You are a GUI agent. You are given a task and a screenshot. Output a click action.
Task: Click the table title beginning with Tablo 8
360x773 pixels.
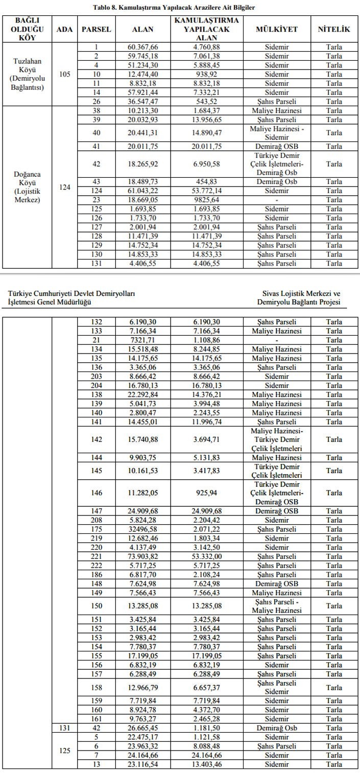(174, 8)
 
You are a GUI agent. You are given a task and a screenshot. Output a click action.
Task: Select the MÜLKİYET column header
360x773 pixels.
(277, 29)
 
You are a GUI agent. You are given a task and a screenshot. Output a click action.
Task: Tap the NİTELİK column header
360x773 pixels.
(334, 29)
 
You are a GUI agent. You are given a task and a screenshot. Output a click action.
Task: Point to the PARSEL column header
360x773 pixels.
(96, 29)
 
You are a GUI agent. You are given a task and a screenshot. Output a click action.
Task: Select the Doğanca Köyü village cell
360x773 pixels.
(27, 187)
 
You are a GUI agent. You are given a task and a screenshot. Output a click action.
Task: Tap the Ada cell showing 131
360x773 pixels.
(65, 728)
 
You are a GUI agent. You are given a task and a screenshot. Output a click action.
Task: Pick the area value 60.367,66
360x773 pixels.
(142, 48)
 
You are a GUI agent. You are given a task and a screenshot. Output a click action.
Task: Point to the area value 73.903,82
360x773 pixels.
(142, 556)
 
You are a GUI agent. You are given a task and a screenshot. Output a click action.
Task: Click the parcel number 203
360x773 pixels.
(96, 377)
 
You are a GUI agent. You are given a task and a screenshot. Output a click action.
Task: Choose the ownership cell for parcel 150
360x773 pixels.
(277, 606)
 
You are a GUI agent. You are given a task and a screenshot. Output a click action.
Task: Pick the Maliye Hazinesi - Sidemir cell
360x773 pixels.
(277, 133)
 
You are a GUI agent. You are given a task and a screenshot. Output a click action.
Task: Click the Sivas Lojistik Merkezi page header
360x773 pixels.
(301, 298)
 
